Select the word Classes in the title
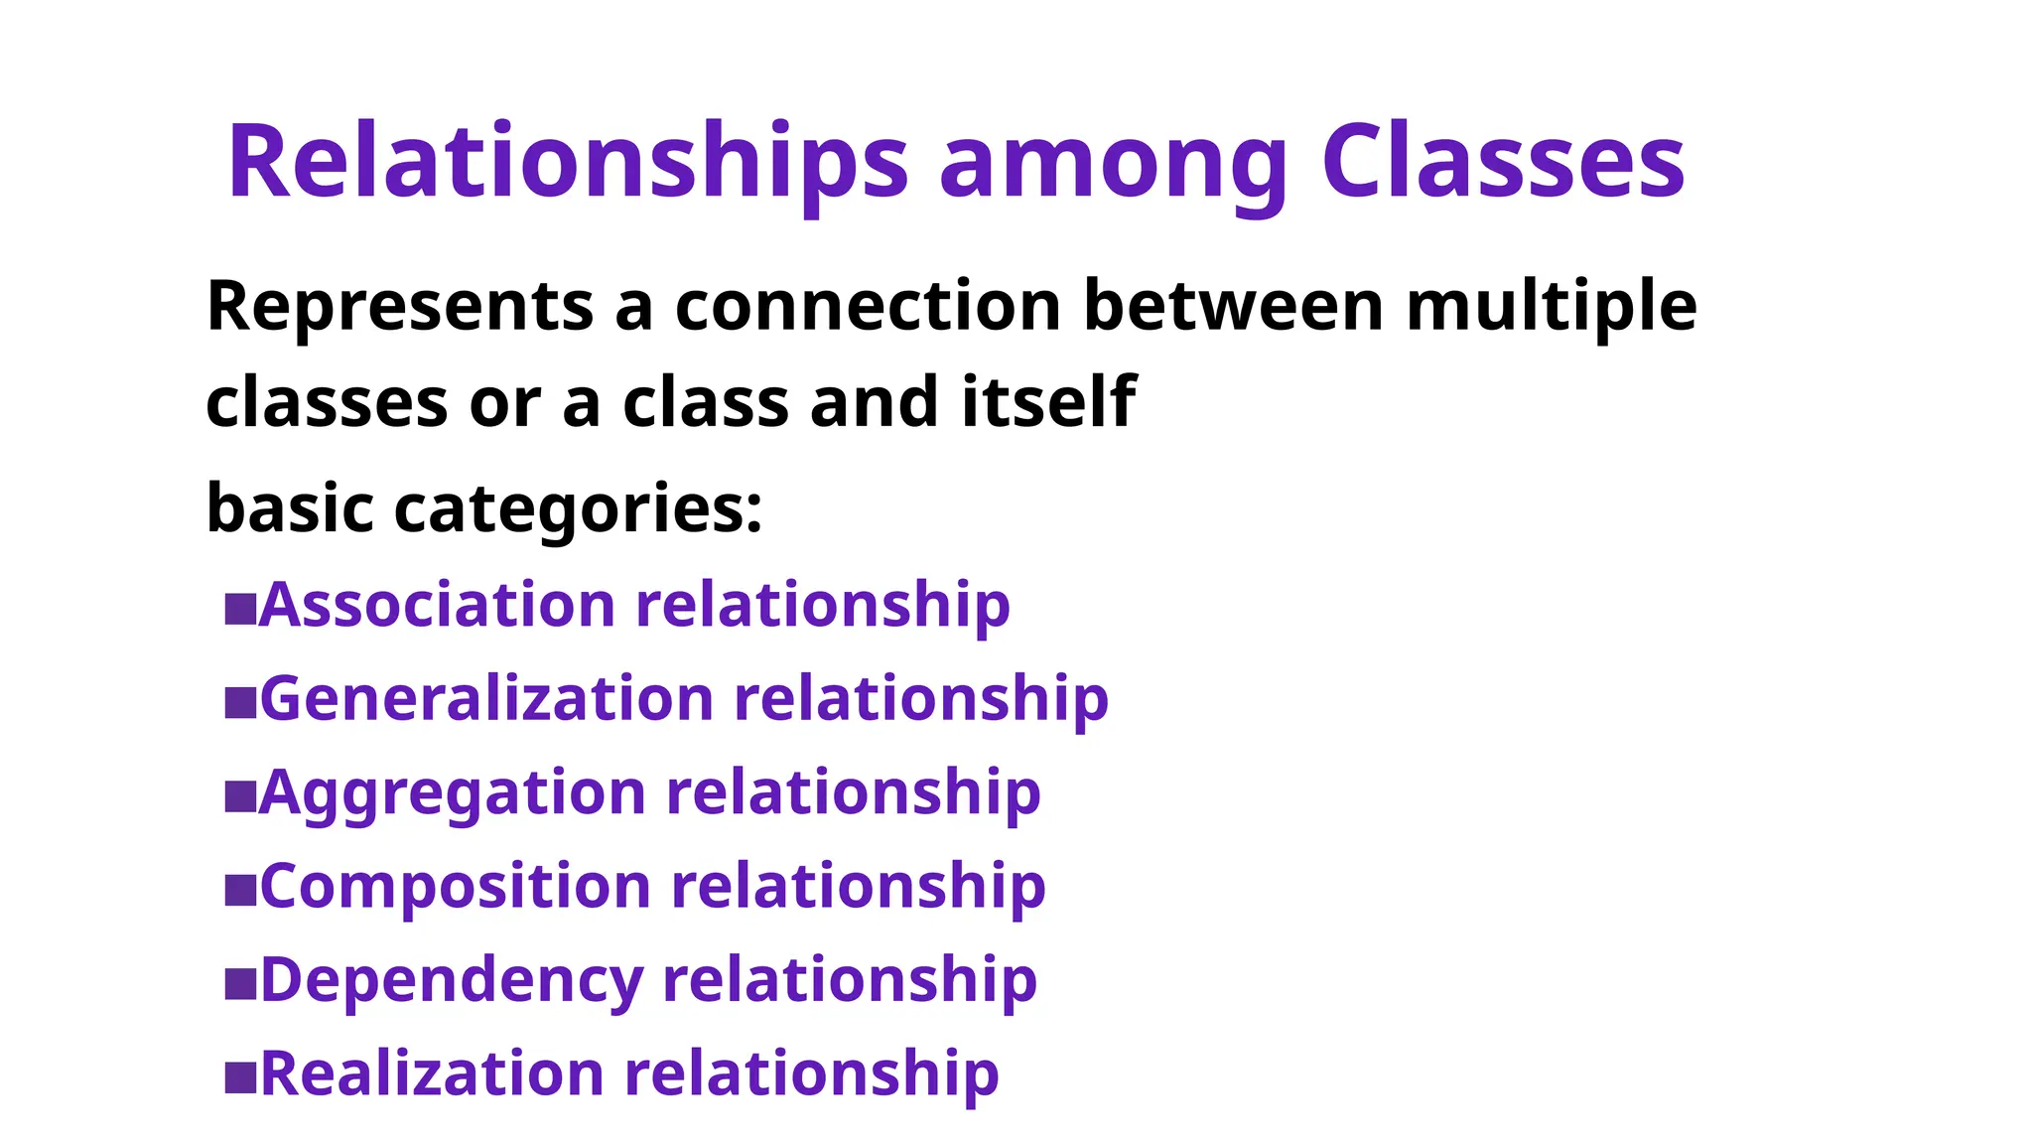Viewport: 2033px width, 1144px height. tap(1503, 162)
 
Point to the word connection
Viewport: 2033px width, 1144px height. tap(868, 306)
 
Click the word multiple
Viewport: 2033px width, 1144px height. tap(1552, 306)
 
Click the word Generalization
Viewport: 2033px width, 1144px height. tap(486, 699)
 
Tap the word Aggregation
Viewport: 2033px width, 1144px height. tap(453, 793)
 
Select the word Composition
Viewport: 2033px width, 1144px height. tap(455, 886)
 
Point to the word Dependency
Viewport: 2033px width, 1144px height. tap(452, 980)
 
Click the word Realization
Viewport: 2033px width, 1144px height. tap(432, 1074)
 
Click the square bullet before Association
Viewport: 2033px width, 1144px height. tap(240, 609)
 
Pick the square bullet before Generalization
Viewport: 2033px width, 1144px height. tap(240, 702)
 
